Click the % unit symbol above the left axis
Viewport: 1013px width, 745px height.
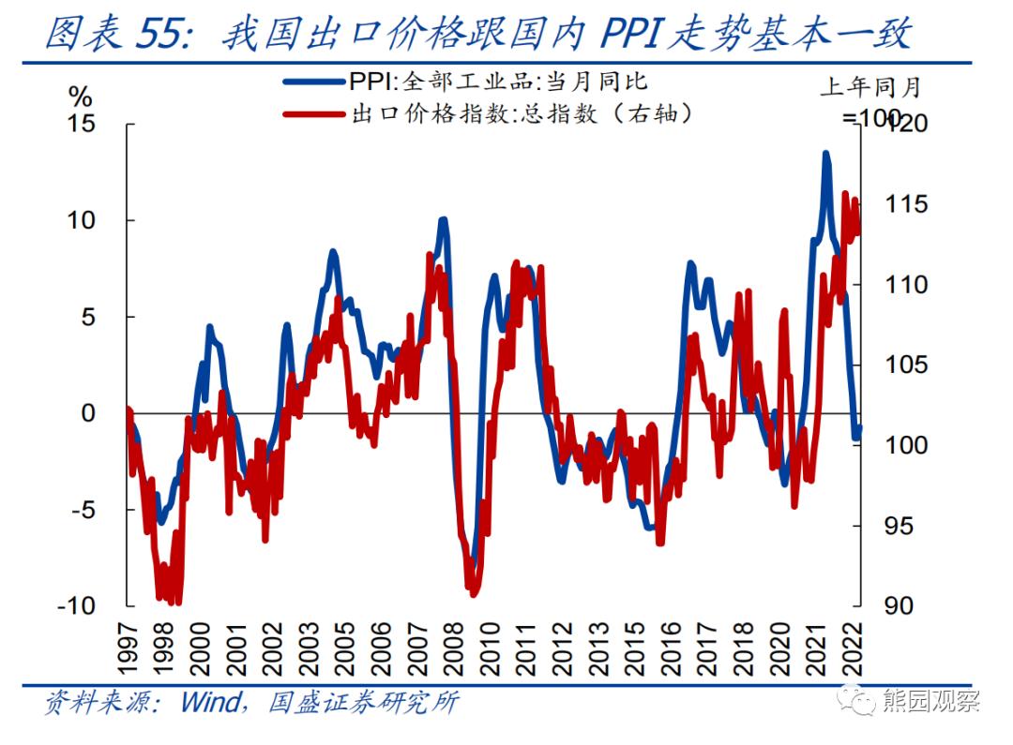pyautogui.click(x=82, y=97)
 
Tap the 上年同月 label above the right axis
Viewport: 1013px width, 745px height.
pyautogui.click(x=869, y=87)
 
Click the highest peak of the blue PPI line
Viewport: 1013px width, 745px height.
pyautogui.click(x=825, y=153)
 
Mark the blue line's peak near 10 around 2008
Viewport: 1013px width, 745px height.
pyautogui.click(x=443, y=220)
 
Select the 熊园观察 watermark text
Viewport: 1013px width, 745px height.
pyautogui.click(x=930, y=701)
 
